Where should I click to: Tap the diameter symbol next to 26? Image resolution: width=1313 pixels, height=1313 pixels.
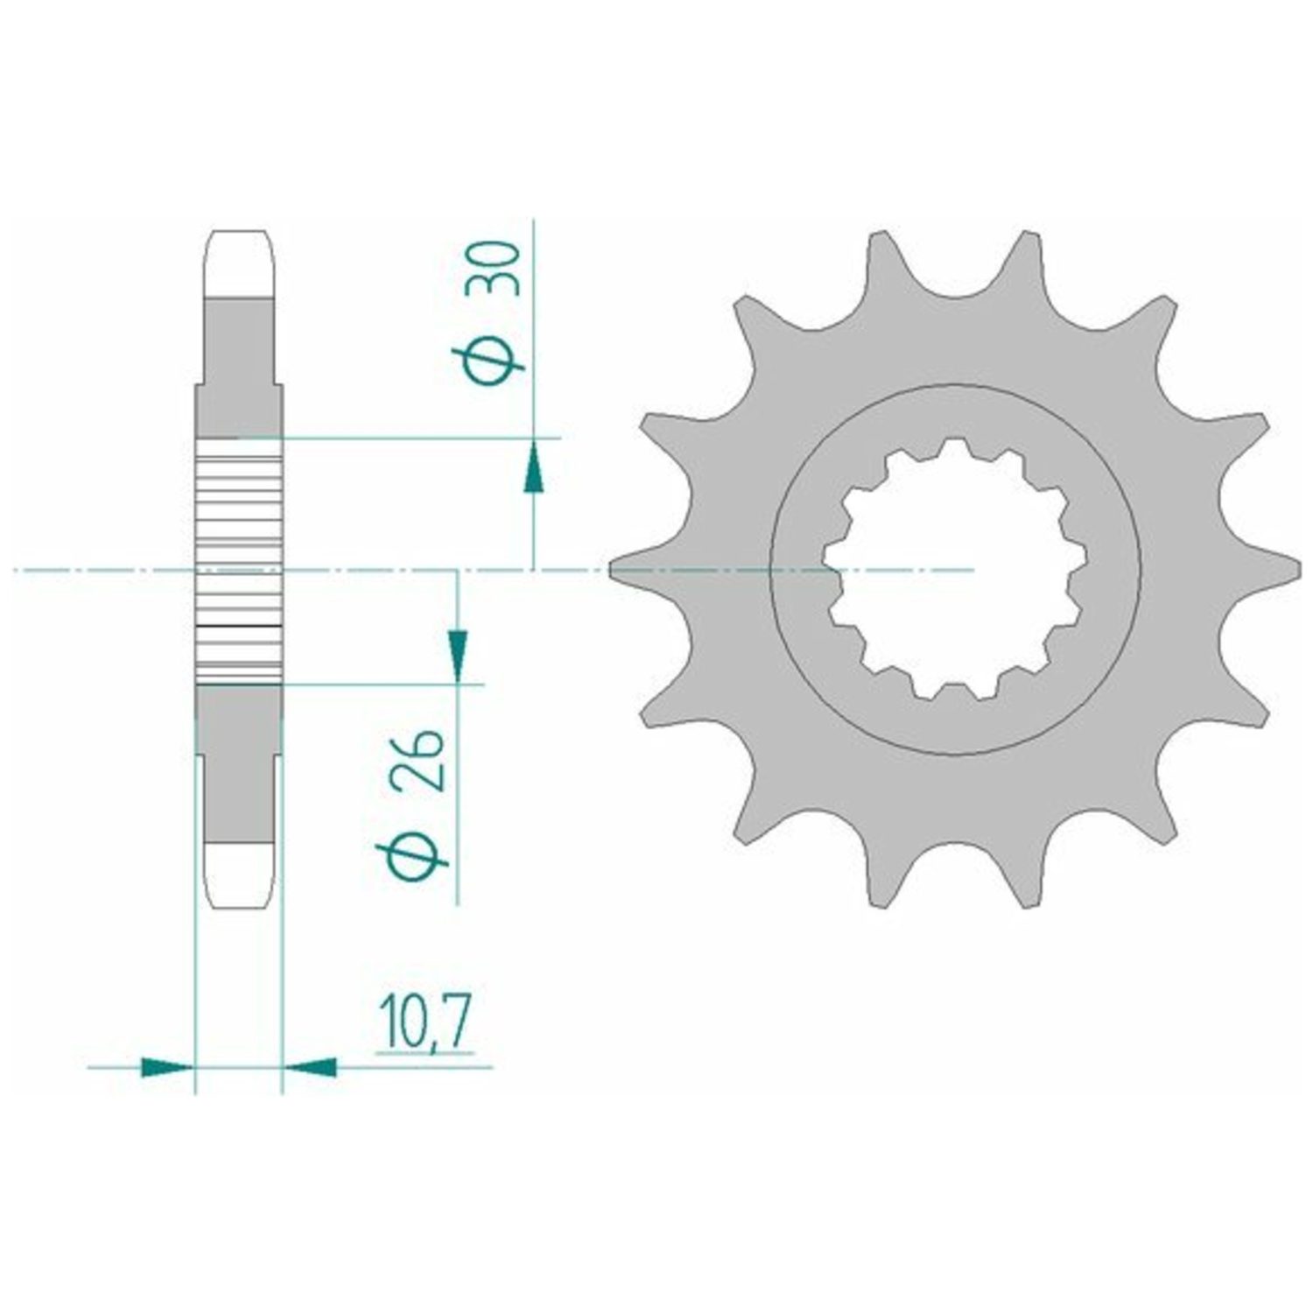pos(411,848)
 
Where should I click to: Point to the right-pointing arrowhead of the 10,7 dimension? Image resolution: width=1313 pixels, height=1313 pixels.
pos(166,1066)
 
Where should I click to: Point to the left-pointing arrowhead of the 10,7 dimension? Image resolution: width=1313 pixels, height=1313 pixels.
pos(310,1066)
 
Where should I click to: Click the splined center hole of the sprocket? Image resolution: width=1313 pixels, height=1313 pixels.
pos(954,569)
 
